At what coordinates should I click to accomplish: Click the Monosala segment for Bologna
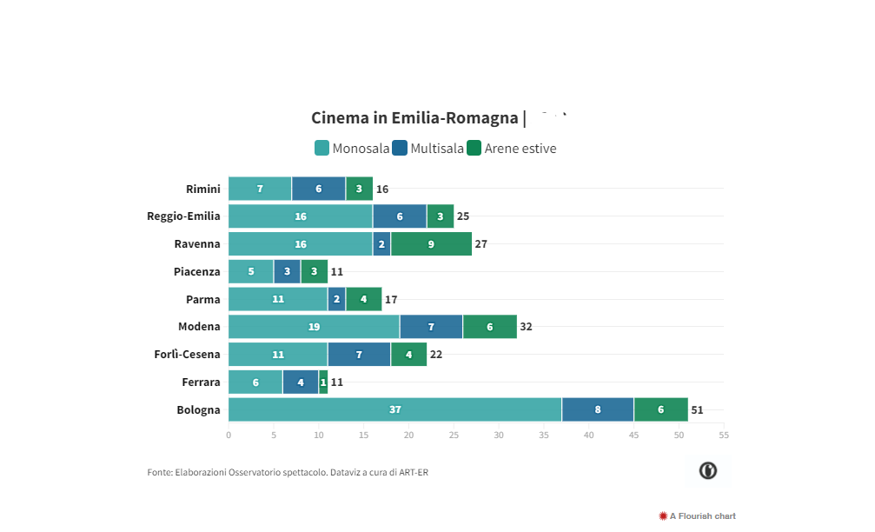[x=394, y=409]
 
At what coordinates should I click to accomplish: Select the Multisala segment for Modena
[x=431, y=327]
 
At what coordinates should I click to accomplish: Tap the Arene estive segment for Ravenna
[x=431, y=244]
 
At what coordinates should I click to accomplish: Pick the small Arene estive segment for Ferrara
[x=323, y=382]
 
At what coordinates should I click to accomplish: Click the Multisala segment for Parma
[x=336, y=300]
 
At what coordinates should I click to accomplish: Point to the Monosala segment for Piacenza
[x=251, y=272]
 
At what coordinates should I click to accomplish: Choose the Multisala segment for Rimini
[x=318, y=189]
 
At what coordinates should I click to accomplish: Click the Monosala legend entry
[x=352, y=149]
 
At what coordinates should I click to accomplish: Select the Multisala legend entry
[x=428, y=149]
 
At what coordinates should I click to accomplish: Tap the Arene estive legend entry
[x=512, y=149]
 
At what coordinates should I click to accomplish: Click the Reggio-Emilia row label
[x=183, y=216]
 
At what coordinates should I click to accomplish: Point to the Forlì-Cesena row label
[x=187, y=355]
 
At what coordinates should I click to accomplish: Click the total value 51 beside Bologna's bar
[x=697, y=410]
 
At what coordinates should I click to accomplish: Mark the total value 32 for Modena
[x=526, y=327]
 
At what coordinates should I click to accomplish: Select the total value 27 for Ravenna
[x=481, y=244]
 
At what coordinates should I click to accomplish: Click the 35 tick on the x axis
[x=544, y=435]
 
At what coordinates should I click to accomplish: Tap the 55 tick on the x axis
[x=724, y=435]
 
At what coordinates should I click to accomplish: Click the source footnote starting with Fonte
[x=288, y=473]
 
